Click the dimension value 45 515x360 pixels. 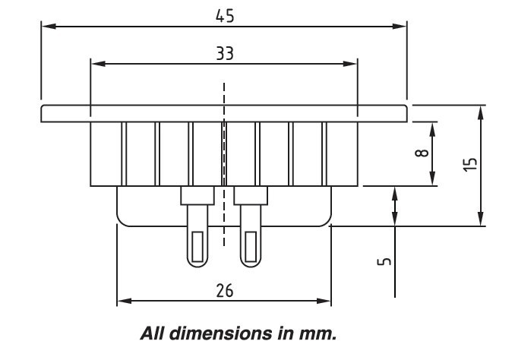(223, 15)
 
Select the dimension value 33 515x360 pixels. (223, 54)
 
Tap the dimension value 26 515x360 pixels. (223, 291)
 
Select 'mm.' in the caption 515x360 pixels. (319, 332)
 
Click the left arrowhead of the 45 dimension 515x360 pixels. (47, 26)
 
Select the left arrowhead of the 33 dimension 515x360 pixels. (96, 64)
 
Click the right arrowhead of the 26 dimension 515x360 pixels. (326, 302)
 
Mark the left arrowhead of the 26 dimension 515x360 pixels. (122, 302)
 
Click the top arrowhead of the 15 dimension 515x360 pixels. (480, 111)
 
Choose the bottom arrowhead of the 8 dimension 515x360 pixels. (431, 180)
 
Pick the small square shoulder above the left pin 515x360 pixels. (197, 196)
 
